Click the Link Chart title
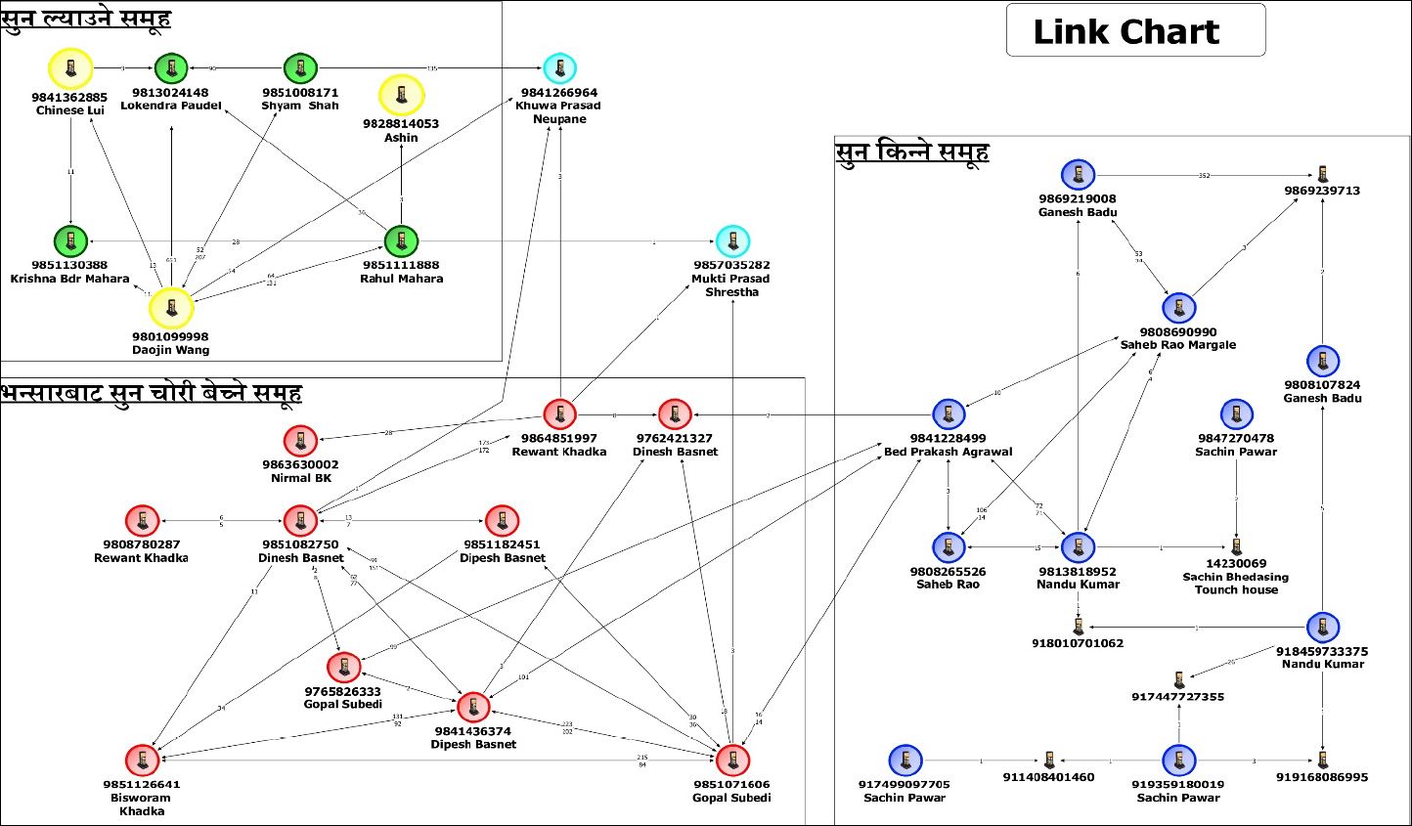pos(1126,31)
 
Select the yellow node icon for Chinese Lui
pos(70,68)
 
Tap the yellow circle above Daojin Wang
pos(171,308)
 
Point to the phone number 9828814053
pos(401,124)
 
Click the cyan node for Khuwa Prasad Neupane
pos(559,68)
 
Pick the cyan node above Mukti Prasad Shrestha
pos(732,240)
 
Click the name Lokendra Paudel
pos(171,106)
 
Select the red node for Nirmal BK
pos(300,441)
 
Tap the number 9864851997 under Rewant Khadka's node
pos(559,438)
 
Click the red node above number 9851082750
pos(300,520)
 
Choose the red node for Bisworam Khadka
pos(143,760)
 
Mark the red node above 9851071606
pos(731,760)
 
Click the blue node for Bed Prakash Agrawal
pos(949,414)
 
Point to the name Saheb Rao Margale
pos(1178,345)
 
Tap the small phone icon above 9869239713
pos(1323,174)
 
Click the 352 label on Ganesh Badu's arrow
pos(1205,176)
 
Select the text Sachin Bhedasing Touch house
pos(1236,584)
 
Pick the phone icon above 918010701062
pos(1078,626)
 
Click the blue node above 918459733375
pos(1323,627)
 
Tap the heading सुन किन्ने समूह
pos(912,152)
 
